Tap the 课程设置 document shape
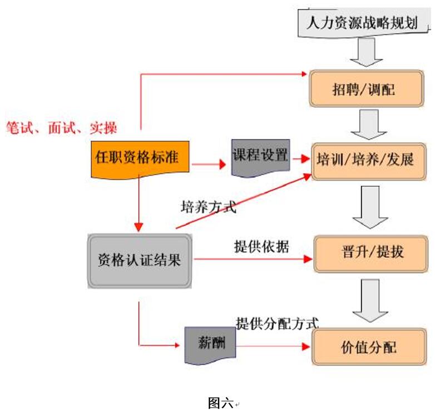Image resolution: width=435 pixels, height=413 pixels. (260, 156)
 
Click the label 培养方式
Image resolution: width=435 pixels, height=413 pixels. (209, 208)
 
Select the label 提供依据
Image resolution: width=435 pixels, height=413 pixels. (261, 247)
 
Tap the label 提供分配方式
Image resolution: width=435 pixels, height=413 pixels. (277, 322)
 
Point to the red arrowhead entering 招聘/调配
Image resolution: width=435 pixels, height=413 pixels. (304, 73)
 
